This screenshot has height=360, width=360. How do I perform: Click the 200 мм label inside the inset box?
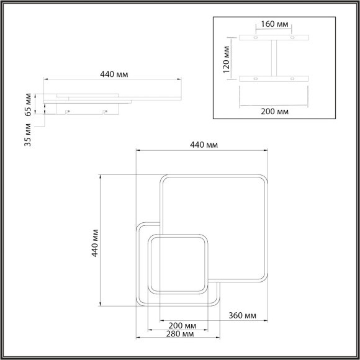pyautogui.click(x=274, y=111)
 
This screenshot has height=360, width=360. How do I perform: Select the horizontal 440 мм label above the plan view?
pyautogui.click(x=204, y=145)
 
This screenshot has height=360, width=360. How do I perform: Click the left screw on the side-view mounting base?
pyautogui.click(x=68, y=111)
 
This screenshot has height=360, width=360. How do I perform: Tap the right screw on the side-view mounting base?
pyautogui.click(x=105, y=111)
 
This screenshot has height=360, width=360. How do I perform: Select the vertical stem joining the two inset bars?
pyautogui.click(x=274, y=58)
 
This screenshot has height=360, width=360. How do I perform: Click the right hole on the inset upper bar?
pyautogui.click(x=292, y=38)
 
